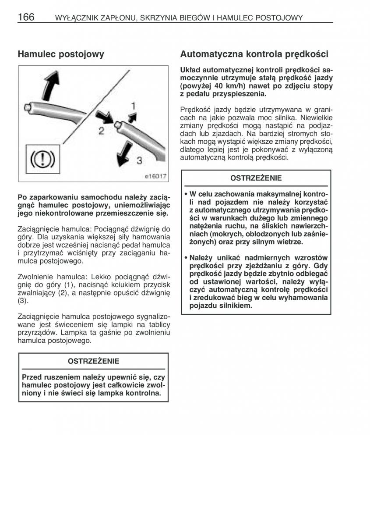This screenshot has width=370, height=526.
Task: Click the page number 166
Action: [26, 17]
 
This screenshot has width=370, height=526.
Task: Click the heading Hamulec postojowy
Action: [61, 54]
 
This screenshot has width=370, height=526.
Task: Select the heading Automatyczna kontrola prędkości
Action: [254, 54]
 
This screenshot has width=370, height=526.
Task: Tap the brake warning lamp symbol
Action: [41, 158]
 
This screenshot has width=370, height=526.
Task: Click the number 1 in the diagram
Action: [133, 106]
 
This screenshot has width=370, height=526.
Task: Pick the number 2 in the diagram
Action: [101, 131]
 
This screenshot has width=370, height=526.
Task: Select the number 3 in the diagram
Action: [139, 160]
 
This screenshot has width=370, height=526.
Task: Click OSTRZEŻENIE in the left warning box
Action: [93, 361]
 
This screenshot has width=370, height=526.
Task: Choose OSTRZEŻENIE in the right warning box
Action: [256, 178]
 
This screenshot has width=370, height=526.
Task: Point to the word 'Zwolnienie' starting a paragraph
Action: [35, 277]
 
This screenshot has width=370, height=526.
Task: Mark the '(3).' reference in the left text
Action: [23, 301]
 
